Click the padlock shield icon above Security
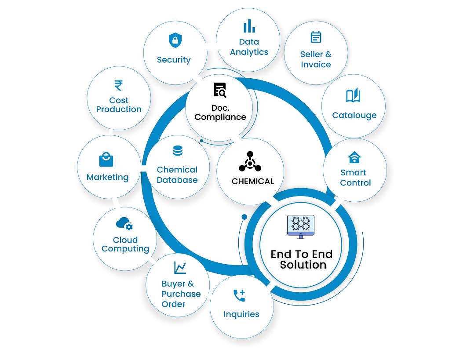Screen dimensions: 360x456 (x=175, y=41)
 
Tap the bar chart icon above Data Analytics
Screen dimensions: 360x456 (x=249, y=26)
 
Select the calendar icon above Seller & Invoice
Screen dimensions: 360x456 (x=316, y=37)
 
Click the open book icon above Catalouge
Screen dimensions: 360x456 (x=353, y=96)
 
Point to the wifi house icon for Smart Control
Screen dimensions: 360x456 (x=354, y=157)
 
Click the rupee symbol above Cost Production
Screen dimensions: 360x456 (x=118, y=85)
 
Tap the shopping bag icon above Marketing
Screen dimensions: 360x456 (x=106, y=159)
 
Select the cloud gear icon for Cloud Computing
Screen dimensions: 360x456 (x=124, y=224)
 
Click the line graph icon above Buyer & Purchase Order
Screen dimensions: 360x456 (x=180, y=267)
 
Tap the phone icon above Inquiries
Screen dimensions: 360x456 (x=239, y=295)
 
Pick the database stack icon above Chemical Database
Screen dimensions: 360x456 (x=178, y=151)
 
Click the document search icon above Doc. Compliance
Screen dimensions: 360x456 (x=220, y=90)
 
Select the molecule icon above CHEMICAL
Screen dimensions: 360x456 (x=250, y=162)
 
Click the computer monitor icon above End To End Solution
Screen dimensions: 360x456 (x=301, y=226)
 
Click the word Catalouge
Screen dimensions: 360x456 (x=354, y=116)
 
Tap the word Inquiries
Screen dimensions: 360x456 (x=241, y=314)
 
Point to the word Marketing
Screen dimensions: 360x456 (x=107, y=177)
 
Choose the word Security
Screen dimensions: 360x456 (x=174, y=60)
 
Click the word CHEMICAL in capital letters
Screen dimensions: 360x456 (x=252, y=181)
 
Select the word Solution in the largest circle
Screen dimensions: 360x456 (x=303, y=265)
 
